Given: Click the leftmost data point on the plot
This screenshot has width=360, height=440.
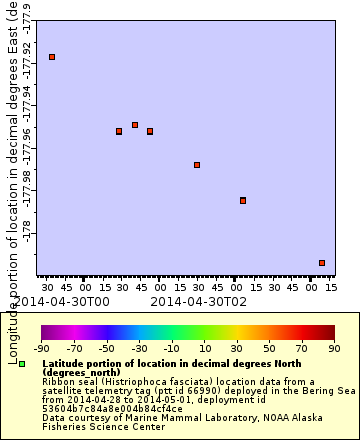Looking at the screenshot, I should (52, 57).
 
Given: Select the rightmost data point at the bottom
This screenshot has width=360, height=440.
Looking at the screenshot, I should (322, 263).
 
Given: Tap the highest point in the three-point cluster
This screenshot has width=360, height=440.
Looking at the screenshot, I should (135, 125).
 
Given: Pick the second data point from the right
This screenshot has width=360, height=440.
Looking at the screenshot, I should (243, 200).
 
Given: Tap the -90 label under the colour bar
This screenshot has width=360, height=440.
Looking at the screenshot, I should (41, 348).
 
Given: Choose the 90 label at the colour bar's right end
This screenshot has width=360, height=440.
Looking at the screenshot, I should (334, 348).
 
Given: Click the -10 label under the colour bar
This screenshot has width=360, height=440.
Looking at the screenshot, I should (171, 348).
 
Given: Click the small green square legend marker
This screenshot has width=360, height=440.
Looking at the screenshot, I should (22, 364).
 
